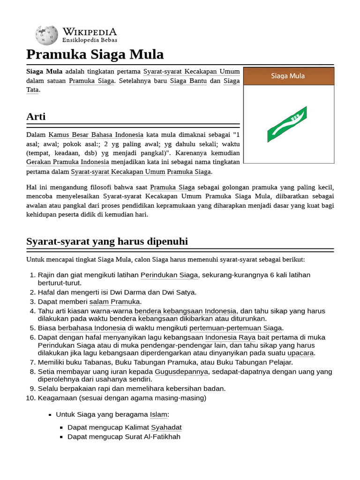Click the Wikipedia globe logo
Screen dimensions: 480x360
(46, 35)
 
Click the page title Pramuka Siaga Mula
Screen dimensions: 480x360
(95, 55)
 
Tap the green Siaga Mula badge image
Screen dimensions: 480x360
(287, 124)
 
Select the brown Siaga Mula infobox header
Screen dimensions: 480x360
(288, 76)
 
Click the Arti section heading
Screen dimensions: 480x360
(36, 117)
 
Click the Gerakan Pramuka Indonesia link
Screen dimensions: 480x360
(67, 162)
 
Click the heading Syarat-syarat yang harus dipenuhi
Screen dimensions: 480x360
(107, 241)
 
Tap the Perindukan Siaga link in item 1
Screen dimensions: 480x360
(169, 275)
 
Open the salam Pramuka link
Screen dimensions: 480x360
(114, 301)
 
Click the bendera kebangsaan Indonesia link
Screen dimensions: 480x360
(185, 311)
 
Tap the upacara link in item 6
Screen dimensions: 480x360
(300, 353)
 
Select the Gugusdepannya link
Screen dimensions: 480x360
(181, 372)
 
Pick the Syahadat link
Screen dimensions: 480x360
(166, 427)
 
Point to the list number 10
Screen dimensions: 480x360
(31, 398)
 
